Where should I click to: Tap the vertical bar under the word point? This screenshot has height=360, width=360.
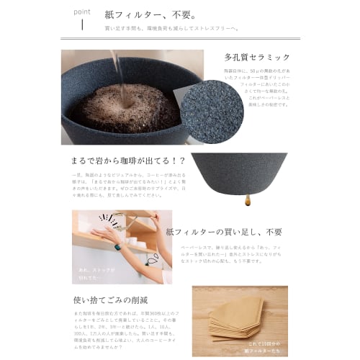click(82, 26)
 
